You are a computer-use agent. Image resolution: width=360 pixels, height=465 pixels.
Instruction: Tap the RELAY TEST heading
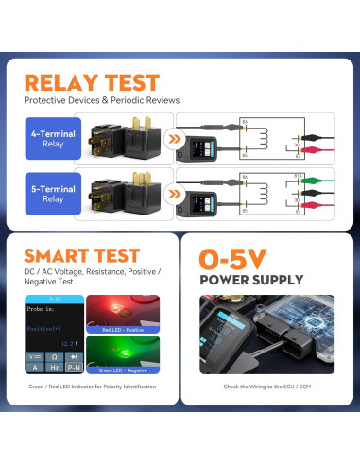tap(91, 82)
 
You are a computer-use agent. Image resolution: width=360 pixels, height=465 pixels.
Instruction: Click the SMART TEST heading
tap(81, 255)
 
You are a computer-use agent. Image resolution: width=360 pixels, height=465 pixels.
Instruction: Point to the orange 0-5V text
tap(233, 258)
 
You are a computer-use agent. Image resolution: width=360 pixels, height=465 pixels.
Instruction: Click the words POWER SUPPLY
tap(251, 280)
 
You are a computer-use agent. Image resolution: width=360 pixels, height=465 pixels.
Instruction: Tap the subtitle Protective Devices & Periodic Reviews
tap(101, 100)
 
